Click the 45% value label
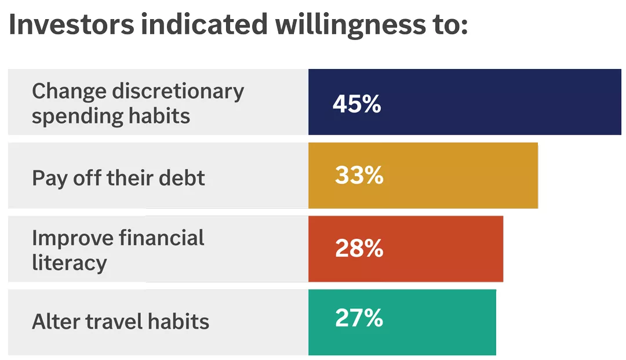(356, 104)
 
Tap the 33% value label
(359, 175)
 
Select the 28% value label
(359, 248)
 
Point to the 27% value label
(359, 318)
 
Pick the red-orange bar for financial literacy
(441, 249)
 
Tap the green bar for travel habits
(435, 322)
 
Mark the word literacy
(69, 263)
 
